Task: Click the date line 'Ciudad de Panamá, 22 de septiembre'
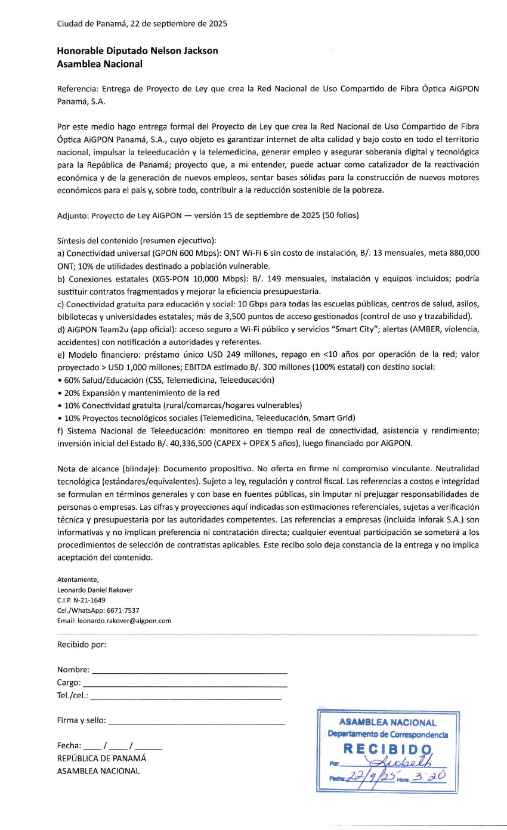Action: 141,24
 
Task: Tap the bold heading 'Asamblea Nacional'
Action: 100,64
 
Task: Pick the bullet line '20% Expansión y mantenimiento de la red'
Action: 138,392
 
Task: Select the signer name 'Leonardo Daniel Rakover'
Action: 95,590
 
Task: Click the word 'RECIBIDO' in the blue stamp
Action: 387,749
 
